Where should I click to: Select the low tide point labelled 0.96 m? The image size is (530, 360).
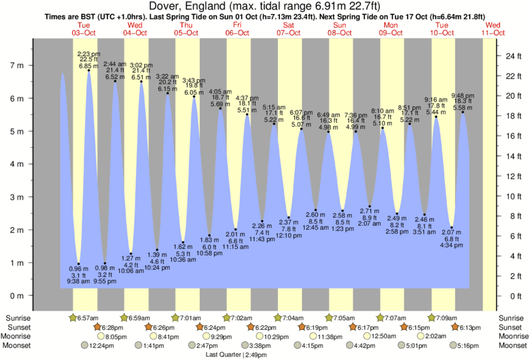[79, 264]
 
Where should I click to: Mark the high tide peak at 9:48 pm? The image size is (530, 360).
[462, 112]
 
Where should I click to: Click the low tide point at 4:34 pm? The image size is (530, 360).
[452, 227]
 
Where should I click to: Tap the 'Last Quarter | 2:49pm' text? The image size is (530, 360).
[235, 355]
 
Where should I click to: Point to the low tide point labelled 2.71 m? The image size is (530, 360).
[370, 206]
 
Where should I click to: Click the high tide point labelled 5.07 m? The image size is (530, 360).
[301, 129]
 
